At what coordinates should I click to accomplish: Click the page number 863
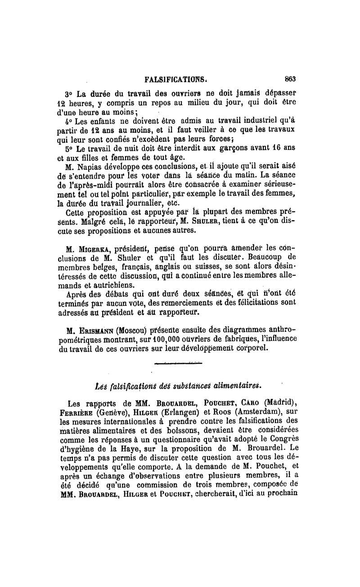[289, 79]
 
